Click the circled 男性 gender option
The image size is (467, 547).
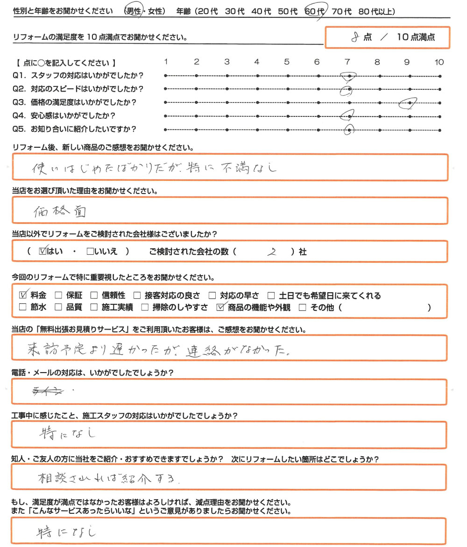point(134,11)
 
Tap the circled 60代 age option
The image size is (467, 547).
point(315,11)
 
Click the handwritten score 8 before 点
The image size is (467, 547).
point(357,38)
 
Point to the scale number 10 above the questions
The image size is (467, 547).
point(439,62)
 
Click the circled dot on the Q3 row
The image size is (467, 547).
point(410,102)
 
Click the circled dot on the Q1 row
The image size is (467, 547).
point(349,76)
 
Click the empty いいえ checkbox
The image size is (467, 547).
point(89,252)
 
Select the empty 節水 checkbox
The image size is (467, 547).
point(23,308)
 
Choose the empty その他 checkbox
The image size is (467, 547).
point(302,308)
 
